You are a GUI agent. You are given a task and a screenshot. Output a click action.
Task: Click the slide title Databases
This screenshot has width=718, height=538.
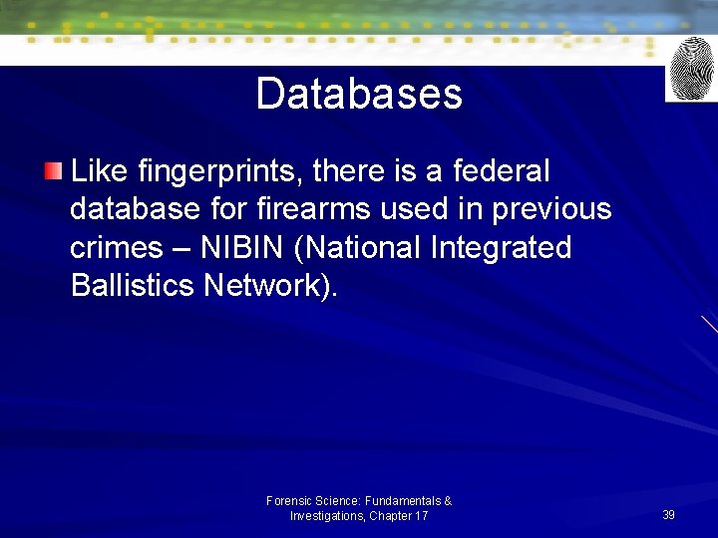tap(359, 95)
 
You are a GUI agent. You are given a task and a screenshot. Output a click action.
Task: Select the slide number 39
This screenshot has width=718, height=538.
tap(668, 515)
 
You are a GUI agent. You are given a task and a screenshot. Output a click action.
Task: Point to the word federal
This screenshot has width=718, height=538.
tap(501, 171)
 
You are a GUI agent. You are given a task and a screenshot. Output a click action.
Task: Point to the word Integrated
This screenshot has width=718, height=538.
tap(502, 247)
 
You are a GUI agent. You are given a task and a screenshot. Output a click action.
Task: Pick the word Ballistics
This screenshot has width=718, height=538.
tap(133, 285)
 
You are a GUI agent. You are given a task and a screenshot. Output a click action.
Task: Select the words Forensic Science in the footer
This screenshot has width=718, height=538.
tap(313, 501)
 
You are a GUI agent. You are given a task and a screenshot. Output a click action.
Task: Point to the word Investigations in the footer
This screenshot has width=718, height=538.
tap(327, 516)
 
